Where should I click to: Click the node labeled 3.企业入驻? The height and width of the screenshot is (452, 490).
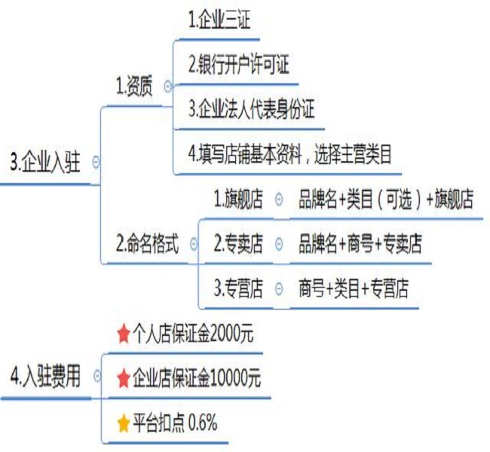tap(45, 162)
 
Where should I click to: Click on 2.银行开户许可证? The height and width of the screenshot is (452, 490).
tap(238, 66)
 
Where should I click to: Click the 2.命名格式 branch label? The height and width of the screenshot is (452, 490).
tap(148, 244)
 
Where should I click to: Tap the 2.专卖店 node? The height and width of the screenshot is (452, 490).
tap(238, 244)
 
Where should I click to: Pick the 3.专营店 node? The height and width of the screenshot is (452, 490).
tap(238, 289)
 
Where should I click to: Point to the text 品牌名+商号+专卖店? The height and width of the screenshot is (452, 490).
tap(360, 244)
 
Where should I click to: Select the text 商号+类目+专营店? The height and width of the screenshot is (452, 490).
tap(354, 289)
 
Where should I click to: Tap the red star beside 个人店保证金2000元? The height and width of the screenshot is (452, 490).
tap(124, 334)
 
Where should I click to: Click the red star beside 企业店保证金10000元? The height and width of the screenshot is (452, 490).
tap(124, 379)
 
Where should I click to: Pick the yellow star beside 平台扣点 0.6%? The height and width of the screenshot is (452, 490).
tap(124, 424)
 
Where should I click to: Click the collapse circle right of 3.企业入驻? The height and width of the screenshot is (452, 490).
tap(96, 162)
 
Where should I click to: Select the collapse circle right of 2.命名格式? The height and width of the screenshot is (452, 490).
tap(194, 244)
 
